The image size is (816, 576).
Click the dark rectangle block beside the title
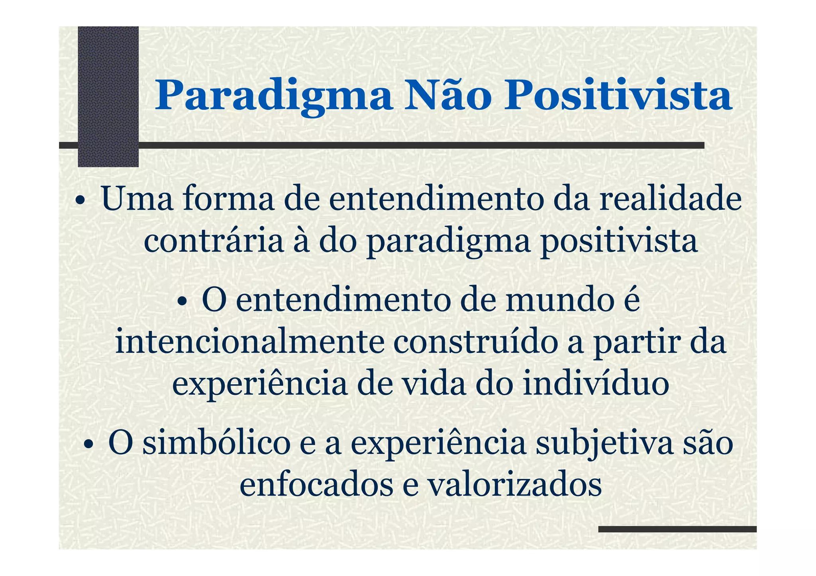pos(108,96)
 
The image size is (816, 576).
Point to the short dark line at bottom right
pos(677,529)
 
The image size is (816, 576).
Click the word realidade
pos(671,199)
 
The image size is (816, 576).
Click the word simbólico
pos(216,444)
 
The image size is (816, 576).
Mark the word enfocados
pos(316,485)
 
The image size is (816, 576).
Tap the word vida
pos(433,384)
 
